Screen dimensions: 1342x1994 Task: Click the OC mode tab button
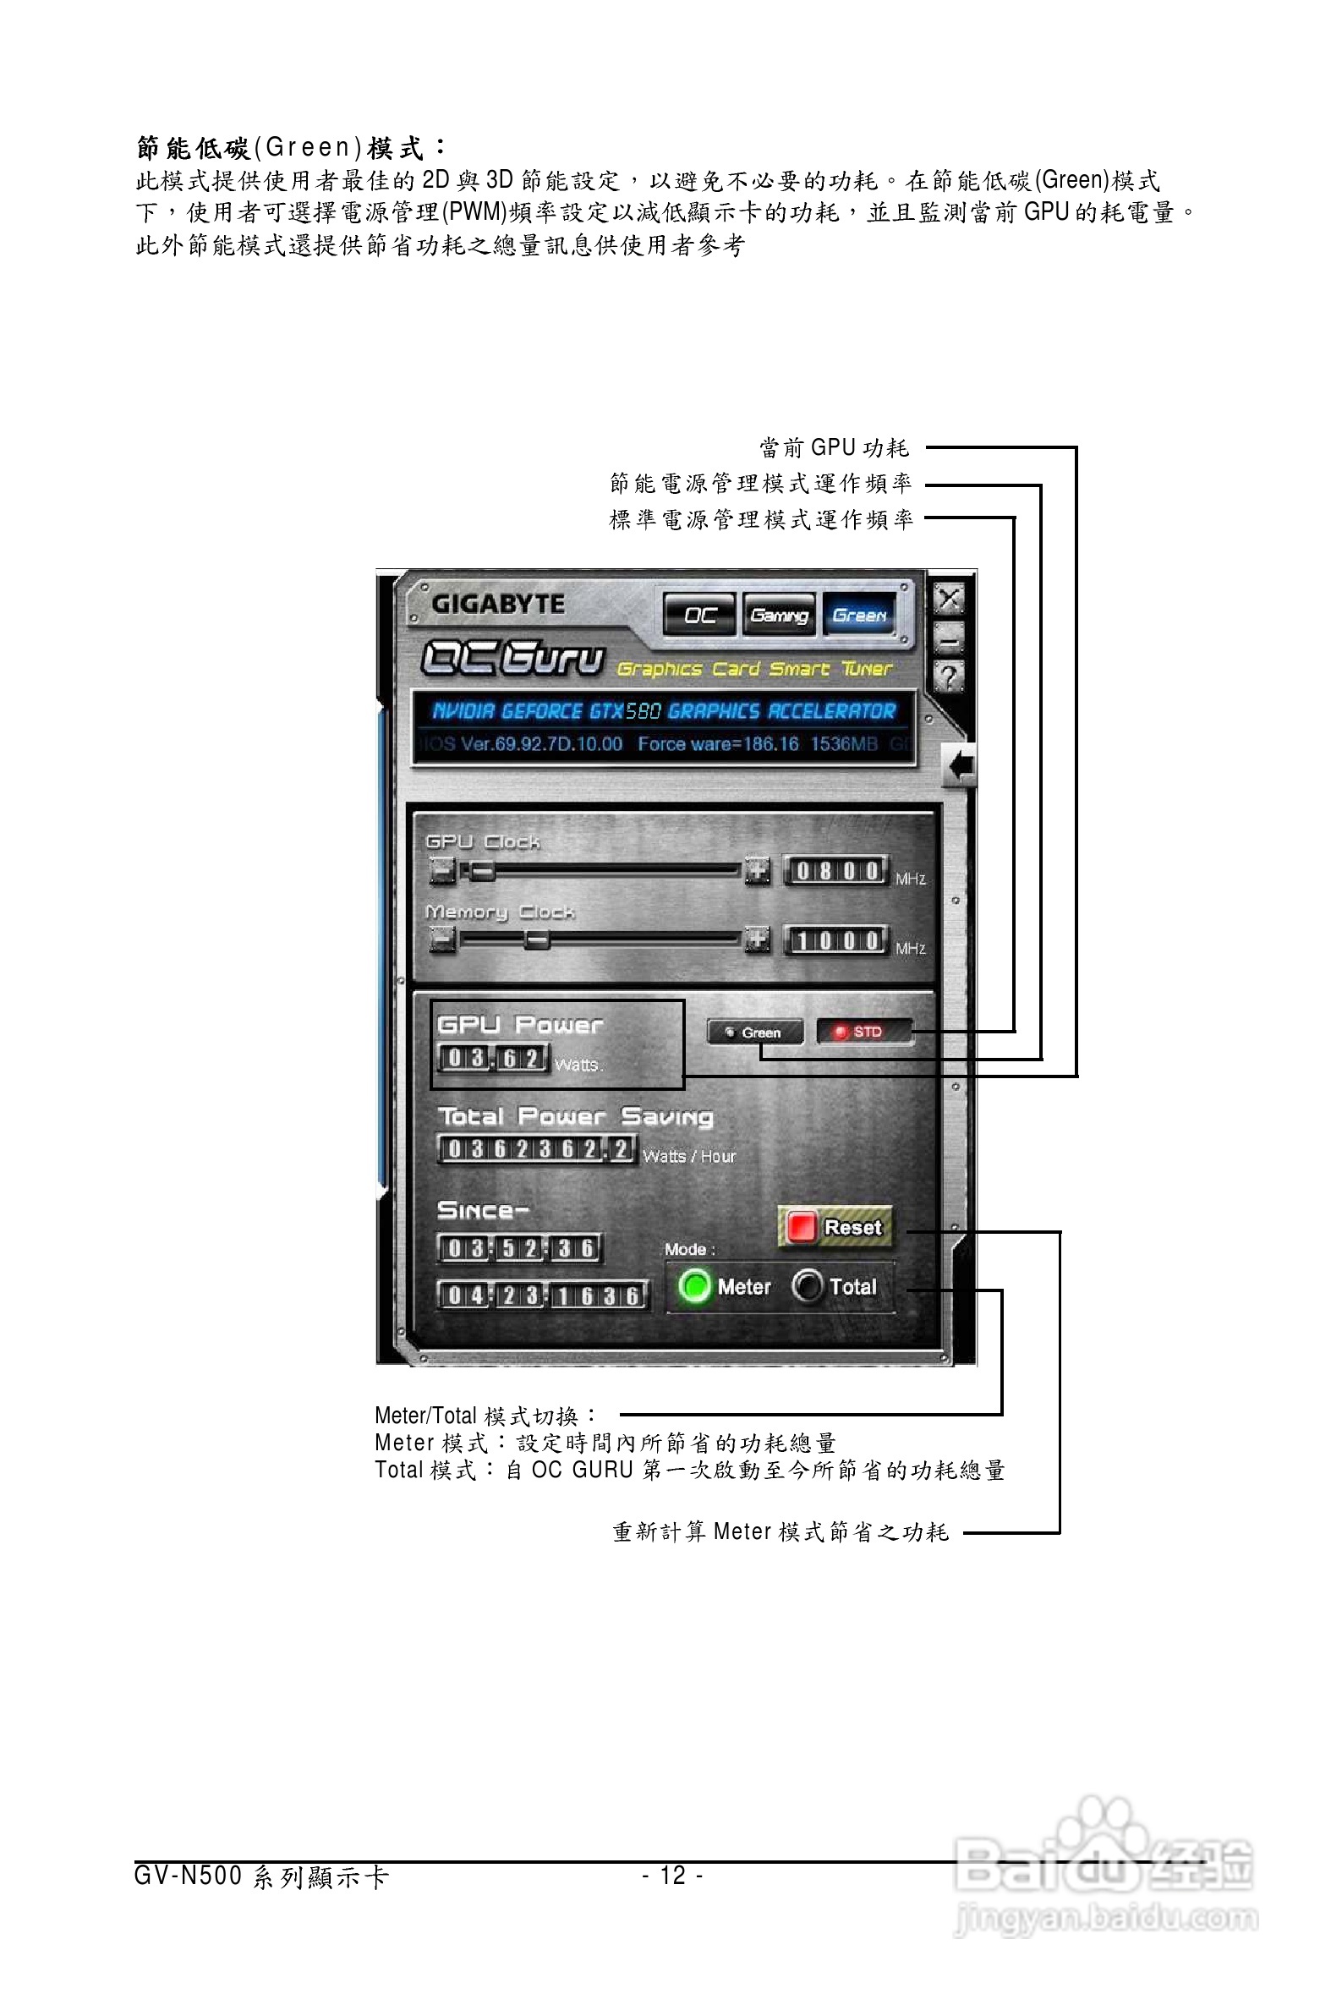coord(699,615)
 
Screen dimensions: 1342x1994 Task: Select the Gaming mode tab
coord(778,615)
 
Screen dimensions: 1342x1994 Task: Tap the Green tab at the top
coord(859,615)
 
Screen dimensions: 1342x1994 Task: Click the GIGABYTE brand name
coord(498,604)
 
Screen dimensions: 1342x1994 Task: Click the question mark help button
coord(948,677)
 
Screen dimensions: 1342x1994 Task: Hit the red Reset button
coord(835,1227)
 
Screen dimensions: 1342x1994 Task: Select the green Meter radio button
coord(694,1286)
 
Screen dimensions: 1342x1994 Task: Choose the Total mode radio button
coord(806,1285)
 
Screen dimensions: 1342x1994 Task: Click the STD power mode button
coord(863,1032)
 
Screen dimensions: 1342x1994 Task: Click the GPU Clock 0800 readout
coord(836,871)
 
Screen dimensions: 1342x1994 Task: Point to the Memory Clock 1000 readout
coord(836,941)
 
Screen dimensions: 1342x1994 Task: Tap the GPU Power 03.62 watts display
coord(492,1059)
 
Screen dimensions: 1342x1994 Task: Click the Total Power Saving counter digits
coord(536,1149)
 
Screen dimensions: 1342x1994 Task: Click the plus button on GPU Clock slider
coord(757,871)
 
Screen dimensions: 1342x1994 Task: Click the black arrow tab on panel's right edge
coord(961,765)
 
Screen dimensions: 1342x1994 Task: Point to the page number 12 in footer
coord(673,1876)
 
